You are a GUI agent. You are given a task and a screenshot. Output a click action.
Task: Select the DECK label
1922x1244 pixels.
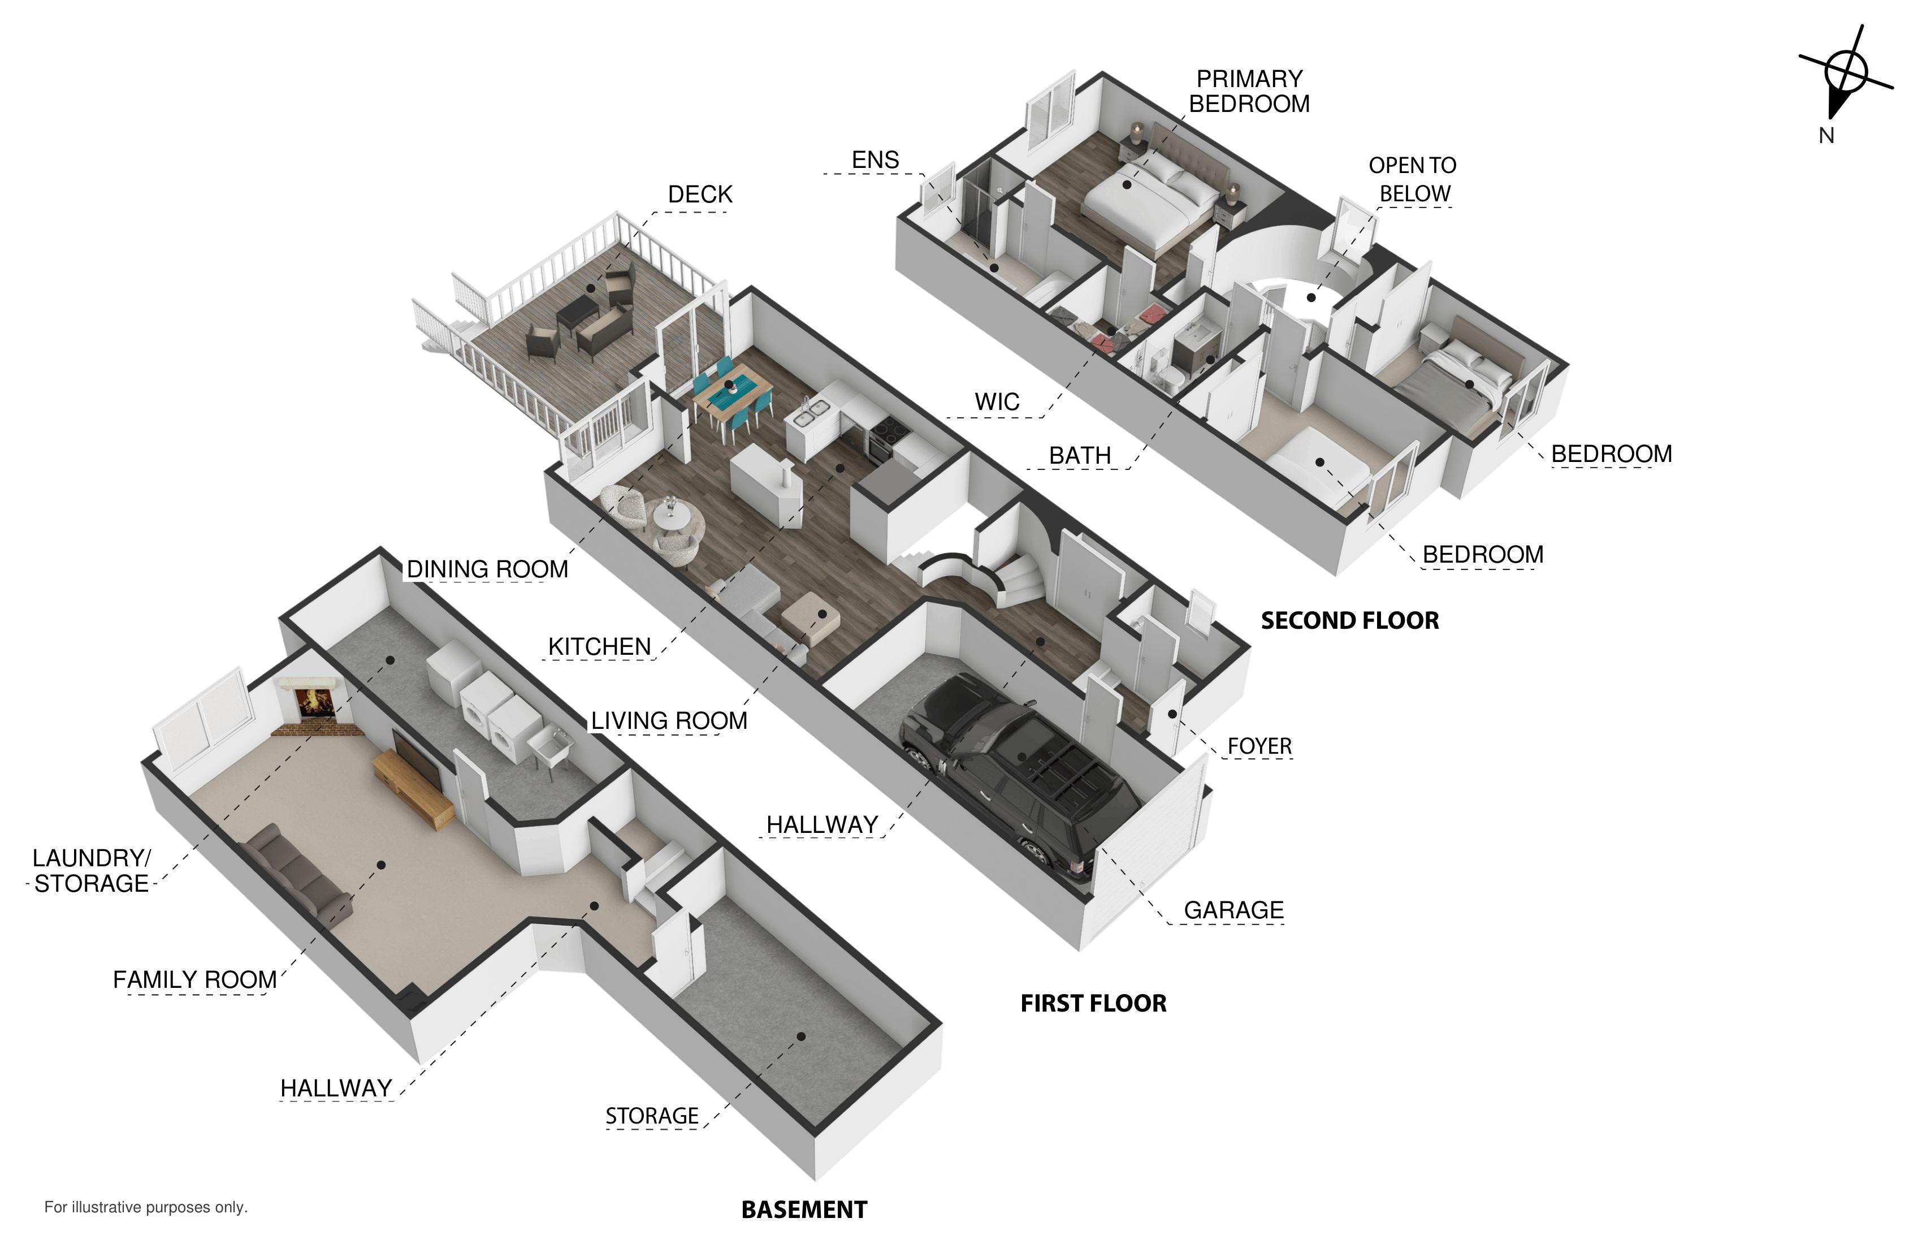(x=700, y=195)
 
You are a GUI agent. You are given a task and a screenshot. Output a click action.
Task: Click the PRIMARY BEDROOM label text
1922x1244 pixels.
(x=1249, y=91)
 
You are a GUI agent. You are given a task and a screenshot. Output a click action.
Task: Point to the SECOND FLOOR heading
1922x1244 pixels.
(x=1349, y=620)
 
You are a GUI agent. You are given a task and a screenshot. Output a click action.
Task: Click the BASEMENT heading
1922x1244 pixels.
(x=804, y=1210)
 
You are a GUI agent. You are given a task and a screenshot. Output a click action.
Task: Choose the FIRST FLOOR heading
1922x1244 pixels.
(x=1093, y=1003)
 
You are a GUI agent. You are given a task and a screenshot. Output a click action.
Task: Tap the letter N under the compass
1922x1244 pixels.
(x=1826, y=136)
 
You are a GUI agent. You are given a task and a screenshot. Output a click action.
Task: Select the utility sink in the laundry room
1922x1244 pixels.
(x=554, y=743)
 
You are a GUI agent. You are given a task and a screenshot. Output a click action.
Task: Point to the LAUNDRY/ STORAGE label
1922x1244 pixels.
(x=91, y=871)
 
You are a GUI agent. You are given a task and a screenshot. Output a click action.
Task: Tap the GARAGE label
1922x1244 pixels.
(x=1233, y=910)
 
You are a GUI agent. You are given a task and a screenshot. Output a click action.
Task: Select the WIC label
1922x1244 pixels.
(x=997, y=401)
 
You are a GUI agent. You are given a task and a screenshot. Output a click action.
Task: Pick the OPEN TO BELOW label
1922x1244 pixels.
(x=1413, y=179)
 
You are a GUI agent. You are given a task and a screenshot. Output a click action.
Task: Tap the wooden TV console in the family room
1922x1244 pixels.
(x=413, y=788)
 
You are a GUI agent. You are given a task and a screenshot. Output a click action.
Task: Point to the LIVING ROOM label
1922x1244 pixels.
(x=669, y=720)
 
